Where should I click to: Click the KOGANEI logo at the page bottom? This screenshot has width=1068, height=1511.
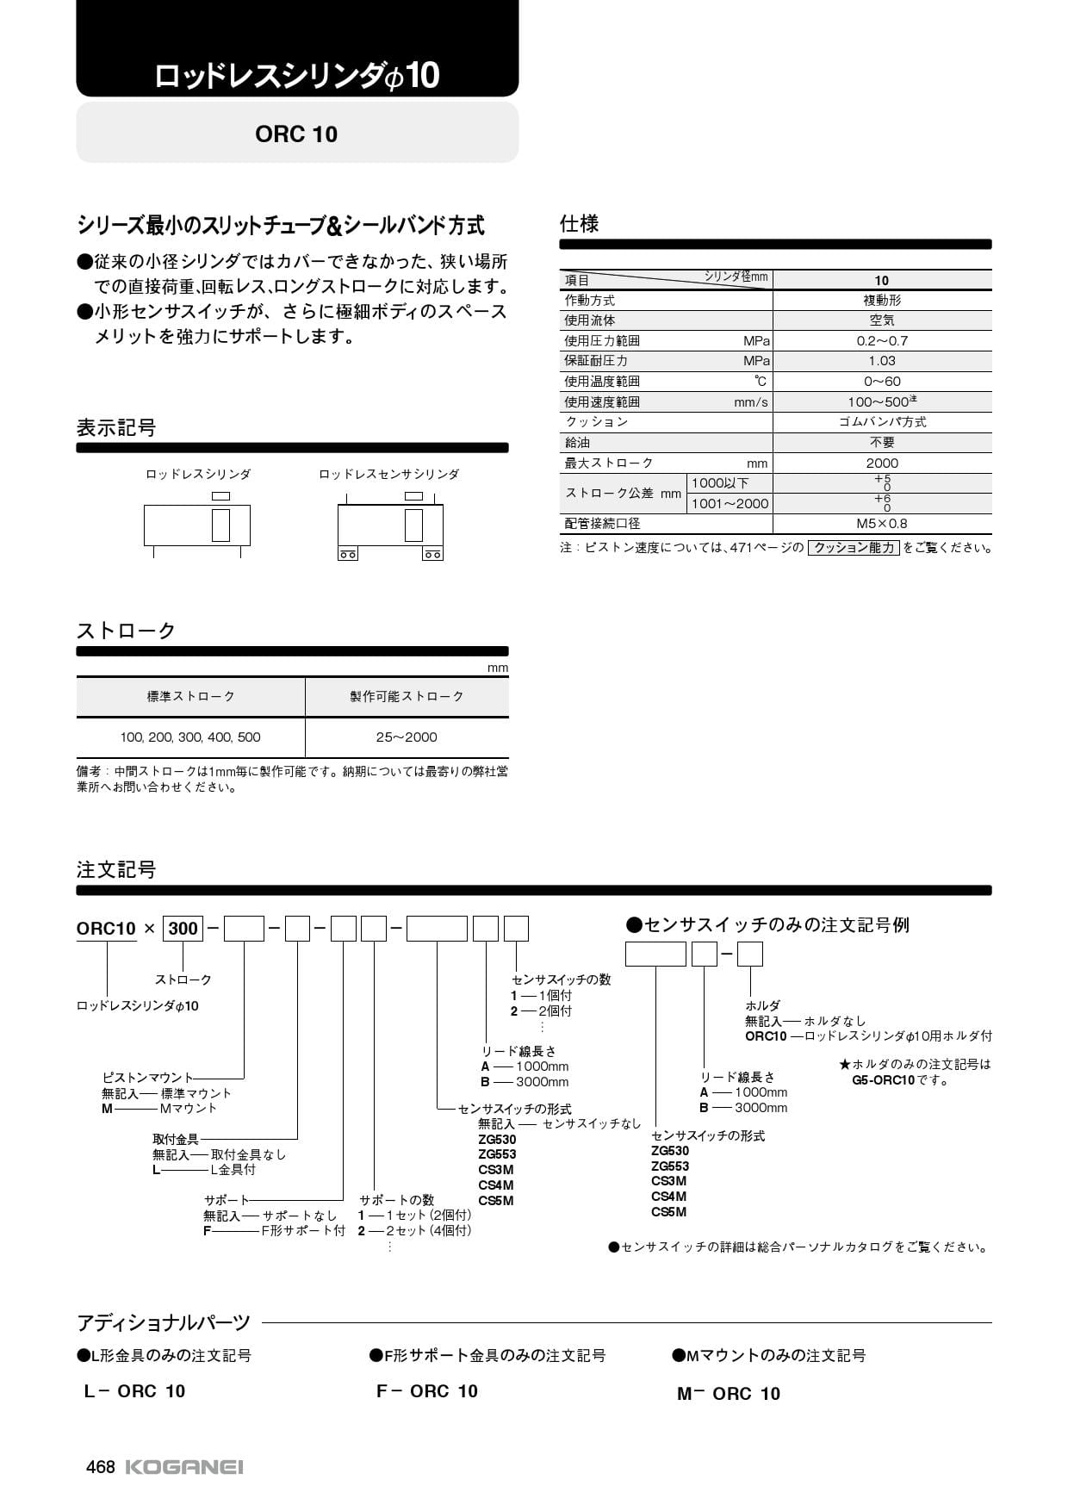coord(184,1467)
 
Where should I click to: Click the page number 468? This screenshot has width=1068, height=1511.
coord(100,1467)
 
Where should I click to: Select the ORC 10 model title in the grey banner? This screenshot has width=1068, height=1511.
coord(296,134)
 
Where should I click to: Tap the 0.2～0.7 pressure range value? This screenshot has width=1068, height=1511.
coord(882,341)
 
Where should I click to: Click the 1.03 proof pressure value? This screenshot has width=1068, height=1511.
coord(882,361)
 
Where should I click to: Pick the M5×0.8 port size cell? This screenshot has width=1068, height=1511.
coord(882,524)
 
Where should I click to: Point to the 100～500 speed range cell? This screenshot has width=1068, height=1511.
coord(882,402)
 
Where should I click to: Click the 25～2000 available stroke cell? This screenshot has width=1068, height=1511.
coord(407,737)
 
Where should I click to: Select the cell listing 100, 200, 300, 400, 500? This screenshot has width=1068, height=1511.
coord(190,737)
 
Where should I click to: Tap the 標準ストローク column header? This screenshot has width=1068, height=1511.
coord(190,696)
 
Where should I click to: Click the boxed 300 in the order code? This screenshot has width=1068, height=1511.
coord(183,929)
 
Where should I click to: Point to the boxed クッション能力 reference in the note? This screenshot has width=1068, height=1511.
coord(854,548)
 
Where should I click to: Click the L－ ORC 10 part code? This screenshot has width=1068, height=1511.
coord(134,1391)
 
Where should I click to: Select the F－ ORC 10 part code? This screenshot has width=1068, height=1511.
coord(427,1391)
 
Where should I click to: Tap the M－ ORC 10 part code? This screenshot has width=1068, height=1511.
coord(729,1394)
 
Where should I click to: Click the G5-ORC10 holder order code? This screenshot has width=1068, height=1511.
coord(883,1080)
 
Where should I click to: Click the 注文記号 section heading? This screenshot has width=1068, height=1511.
coord(116,870)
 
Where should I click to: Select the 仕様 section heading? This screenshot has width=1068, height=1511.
coord(579,224)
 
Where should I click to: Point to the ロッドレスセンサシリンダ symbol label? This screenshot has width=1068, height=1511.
coord(388,475)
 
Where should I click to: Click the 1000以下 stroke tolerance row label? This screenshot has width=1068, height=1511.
coord(720,483)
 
